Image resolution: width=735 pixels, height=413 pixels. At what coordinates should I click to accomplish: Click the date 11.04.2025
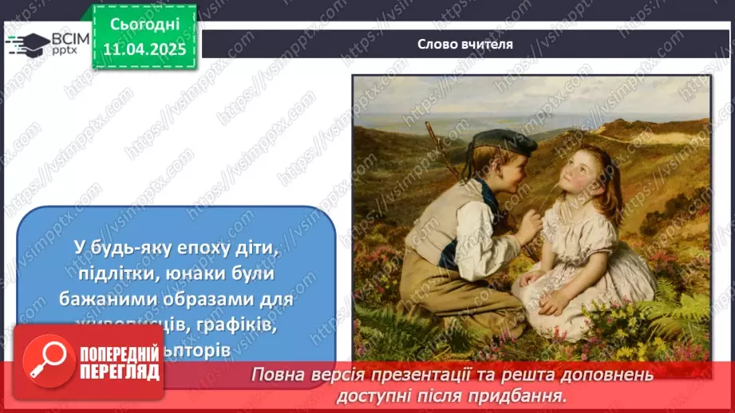tap(144, 49)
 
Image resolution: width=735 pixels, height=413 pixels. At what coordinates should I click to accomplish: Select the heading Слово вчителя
tap(465, 44)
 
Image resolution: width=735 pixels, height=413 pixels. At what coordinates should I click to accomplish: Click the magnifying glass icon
tap(47, 360)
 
